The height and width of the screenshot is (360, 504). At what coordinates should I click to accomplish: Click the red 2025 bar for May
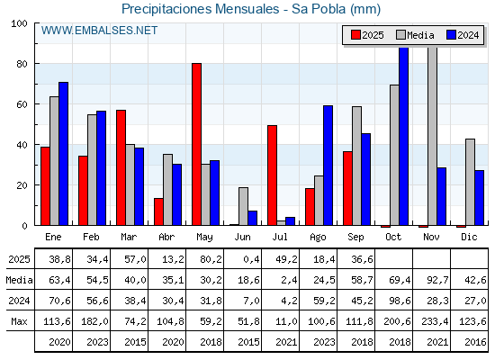pos(197,144)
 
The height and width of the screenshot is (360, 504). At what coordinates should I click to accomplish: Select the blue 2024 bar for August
pos(328,166)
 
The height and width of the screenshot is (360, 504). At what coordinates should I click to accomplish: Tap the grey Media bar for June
pos(243,206)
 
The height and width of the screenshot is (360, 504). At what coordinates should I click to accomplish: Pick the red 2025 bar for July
pos(272,175)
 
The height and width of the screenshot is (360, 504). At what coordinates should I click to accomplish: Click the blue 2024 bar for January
pos(63,154)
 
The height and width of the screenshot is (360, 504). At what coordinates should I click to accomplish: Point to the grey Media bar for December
pos(470,182)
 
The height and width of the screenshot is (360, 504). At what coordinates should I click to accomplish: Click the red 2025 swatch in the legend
pos(355,35)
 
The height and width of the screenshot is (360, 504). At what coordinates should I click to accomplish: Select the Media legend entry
pos(415,35)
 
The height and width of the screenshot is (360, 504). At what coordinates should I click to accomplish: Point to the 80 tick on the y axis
pos(37,64)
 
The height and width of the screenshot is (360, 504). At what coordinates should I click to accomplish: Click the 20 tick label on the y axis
pos(22,185)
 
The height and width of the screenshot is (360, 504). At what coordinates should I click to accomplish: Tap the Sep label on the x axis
pos(355,238)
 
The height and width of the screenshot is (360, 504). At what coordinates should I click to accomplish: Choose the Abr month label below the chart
pos(166,238)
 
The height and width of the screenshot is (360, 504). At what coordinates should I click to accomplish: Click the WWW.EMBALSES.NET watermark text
pos(99,31)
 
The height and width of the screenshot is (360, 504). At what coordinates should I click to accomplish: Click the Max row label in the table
pos(19,321)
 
